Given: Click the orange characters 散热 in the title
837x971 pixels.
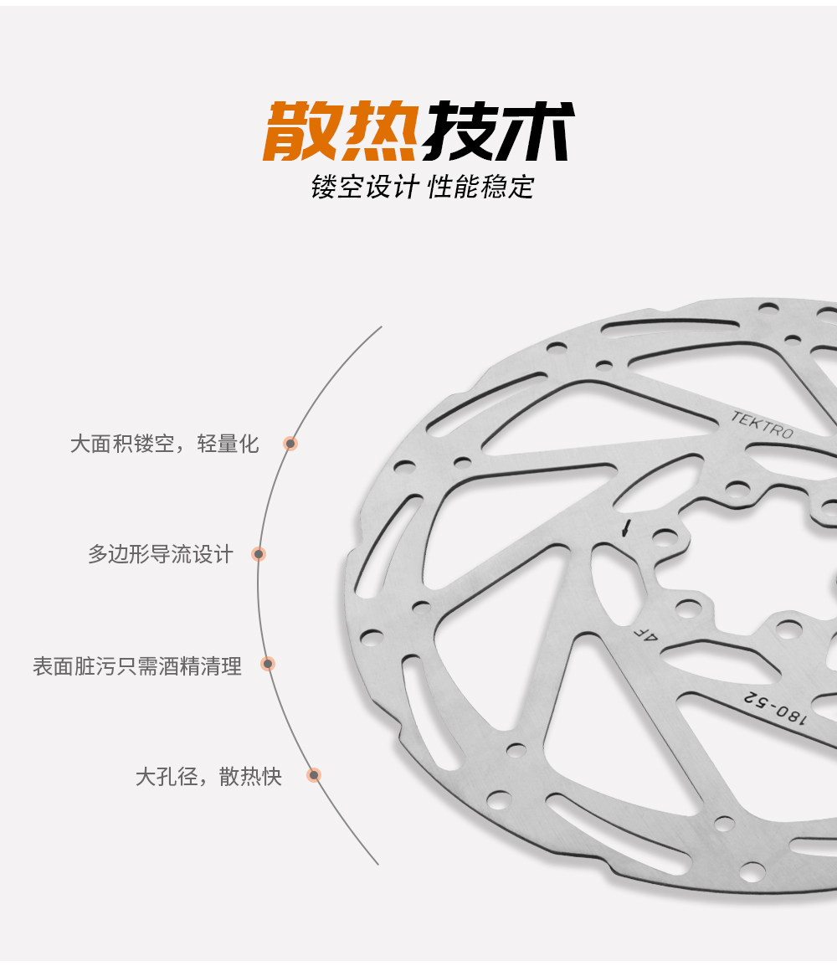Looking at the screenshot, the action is [341, 131].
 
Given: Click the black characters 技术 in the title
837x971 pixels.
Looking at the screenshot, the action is [497, 131].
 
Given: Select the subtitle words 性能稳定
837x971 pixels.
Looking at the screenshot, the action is [480, 186].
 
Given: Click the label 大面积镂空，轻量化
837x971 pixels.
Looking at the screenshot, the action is [165, 444].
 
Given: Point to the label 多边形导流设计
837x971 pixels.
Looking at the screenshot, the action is [161, 554].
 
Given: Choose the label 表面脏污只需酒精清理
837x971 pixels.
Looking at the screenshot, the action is [137, 666].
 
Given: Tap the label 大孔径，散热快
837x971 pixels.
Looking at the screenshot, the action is [209, 777].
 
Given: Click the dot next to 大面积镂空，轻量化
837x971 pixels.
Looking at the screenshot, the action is [290, 444].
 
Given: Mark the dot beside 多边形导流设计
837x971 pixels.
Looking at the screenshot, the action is [259, 554].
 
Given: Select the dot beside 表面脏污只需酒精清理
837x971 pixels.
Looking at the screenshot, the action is [268, 665].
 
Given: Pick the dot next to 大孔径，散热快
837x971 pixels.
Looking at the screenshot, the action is [314, 776].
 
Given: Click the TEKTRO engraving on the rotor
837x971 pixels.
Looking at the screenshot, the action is [762, 425].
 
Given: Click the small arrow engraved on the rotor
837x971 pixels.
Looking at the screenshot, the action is [625, 529].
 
